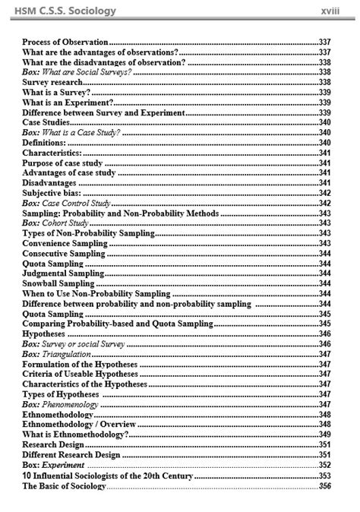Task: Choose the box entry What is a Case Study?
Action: tap(71, 131)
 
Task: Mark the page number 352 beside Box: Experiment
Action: tap(325, 464)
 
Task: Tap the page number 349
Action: tap(325, 434)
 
